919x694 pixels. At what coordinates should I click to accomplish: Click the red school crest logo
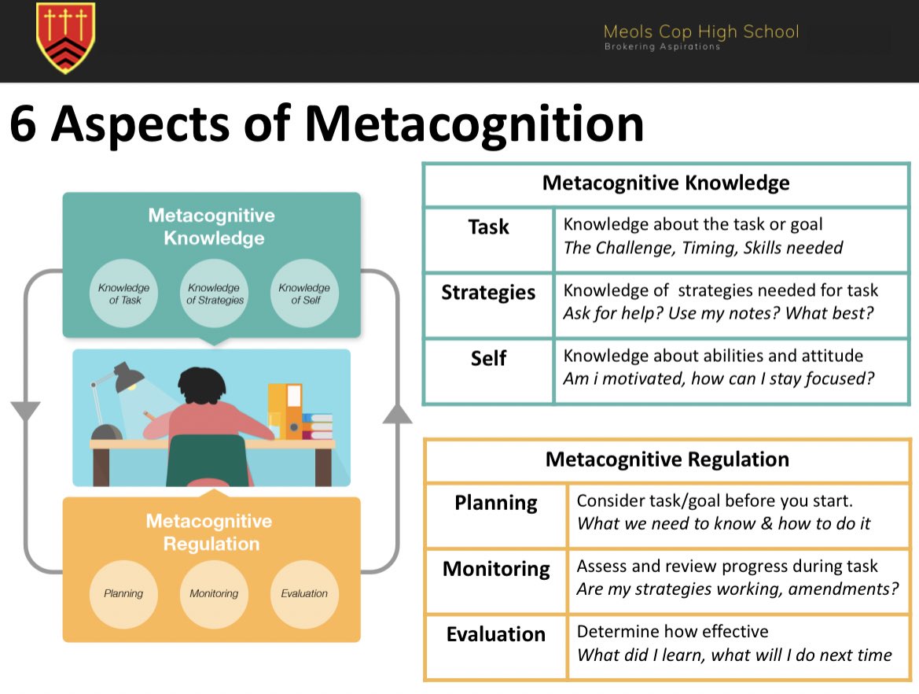tap(65, 38)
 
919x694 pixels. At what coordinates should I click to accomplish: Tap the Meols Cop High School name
tap(700, 31)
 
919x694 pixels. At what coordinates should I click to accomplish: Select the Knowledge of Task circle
tap(124, 293)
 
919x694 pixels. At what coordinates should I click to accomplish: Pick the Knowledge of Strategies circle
tap(215, 293)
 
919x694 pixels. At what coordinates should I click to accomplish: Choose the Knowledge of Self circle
tap(305, 293)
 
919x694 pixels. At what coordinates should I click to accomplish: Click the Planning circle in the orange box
tap(124, 593)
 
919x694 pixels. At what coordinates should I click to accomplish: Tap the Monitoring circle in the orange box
tap(214, 593)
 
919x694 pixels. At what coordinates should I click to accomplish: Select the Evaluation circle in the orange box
tap(304, 593)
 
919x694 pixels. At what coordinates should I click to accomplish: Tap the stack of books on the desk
tap(318, 426)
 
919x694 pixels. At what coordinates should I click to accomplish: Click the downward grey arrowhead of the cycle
tap(25, 410)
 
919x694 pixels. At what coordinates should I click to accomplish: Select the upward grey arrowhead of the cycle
tap(397, 413)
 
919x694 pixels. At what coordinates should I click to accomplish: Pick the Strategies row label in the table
tap(488, 293)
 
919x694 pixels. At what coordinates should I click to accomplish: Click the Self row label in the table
tap(488, 359)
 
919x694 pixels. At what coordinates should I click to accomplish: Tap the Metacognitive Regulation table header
tap(667, 459)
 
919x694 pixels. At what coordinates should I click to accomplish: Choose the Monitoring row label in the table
tap(496, 569)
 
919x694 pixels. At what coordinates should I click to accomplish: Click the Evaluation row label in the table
tap(496, 634)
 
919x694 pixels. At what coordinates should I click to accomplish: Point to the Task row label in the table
tap(488, 227)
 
